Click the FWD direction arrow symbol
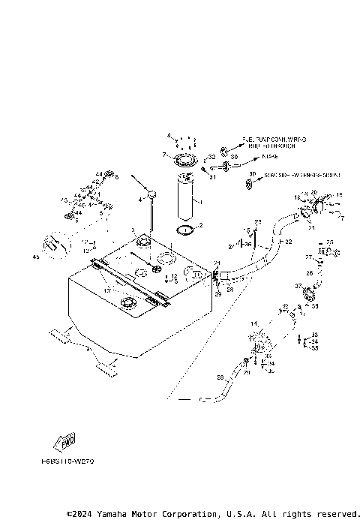66,440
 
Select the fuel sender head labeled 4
151,196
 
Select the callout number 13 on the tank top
106,289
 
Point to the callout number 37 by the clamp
298,285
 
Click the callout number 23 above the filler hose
256,221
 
